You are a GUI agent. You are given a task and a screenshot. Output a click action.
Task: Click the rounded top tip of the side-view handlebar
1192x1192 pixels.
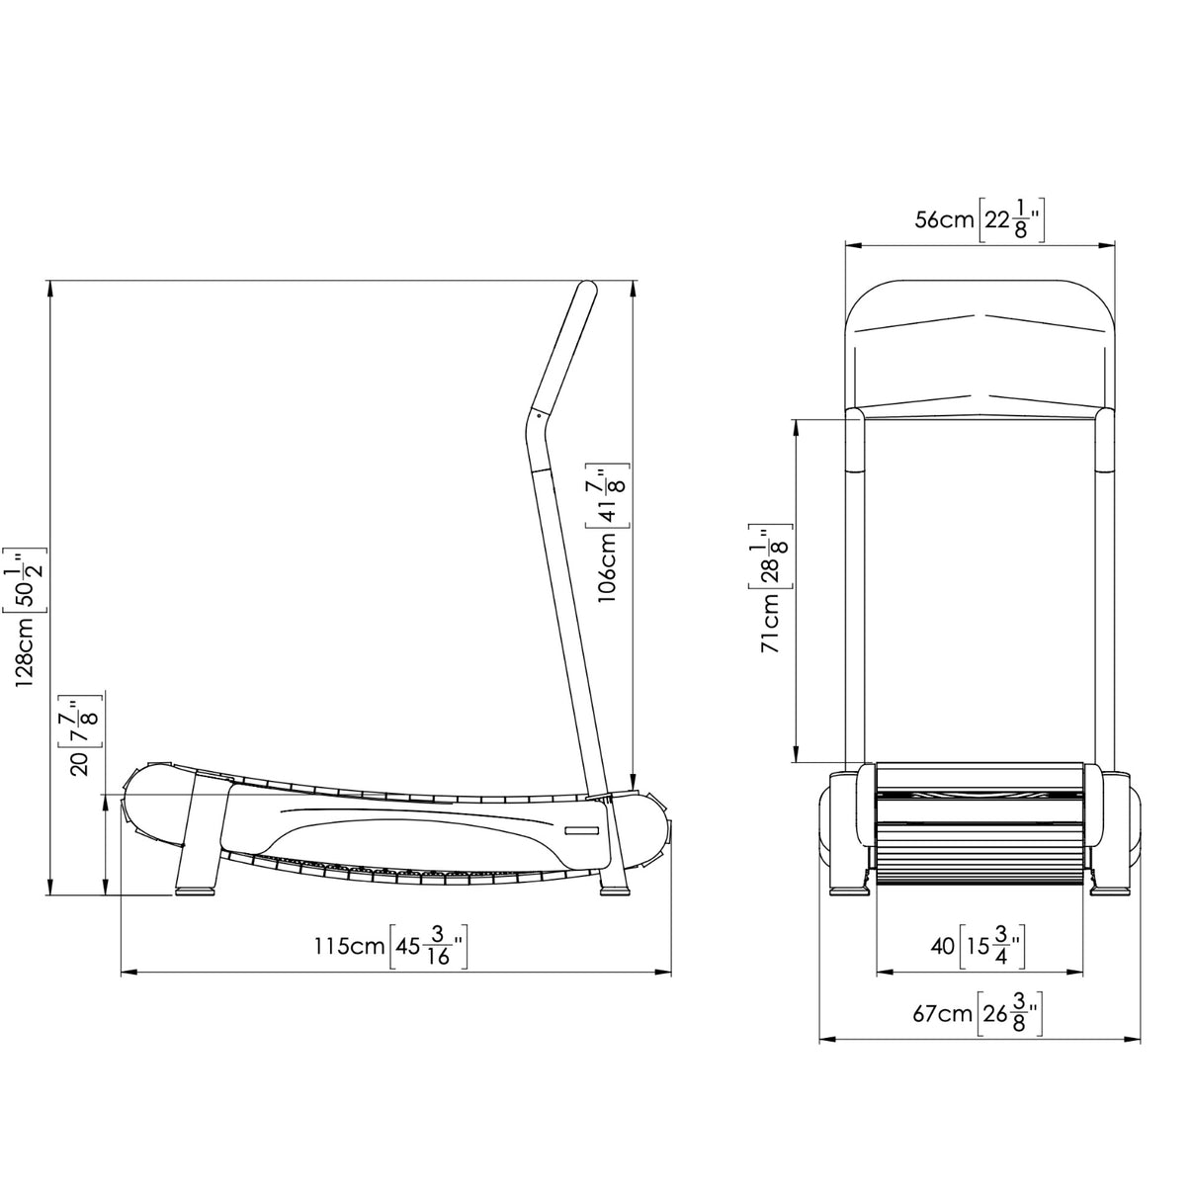tap(587, 288)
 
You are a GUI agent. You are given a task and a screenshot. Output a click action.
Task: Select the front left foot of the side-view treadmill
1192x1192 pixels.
tap(196, 889)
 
